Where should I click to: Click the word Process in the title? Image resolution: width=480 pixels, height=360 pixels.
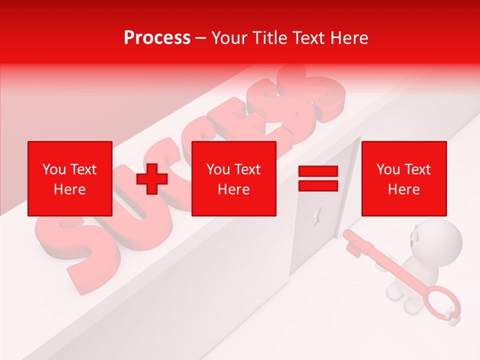click(157, 38)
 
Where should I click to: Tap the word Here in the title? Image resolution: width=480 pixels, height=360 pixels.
click(348, 38)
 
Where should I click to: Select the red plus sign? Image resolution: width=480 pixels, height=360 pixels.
click(152, 179)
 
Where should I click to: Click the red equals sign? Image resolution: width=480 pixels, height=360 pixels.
click(318, 179)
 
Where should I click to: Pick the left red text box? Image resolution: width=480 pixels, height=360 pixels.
click(69, 178)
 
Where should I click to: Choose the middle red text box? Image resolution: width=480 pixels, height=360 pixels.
click(233, 178)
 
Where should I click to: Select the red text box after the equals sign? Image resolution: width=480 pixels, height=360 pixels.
click(403, 178)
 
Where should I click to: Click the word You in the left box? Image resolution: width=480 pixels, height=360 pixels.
click(54, 169)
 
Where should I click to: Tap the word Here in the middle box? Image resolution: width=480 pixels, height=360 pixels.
click(233, 189)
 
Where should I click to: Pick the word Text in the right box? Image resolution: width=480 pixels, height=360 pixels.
click(418, 169)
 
